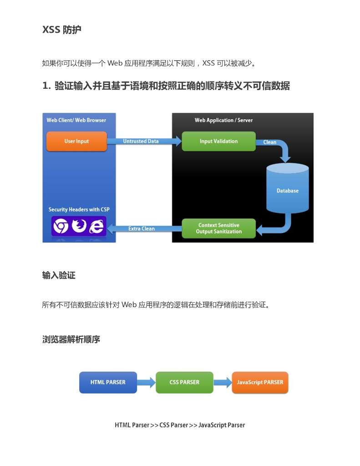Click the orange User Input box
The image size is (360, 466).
click(x=76, y=141)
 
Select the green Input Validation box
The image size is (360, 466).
click(x=218, y=141)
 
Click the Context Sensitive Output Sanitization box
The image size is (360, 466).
click(x=218, y=228)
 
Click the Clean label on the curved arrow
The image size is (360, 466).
click(x=270, y=142)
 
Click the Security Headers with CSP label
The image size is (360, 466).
click(x=79, y=210)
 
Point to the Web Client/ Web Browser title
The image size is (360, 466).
click(x=76, y=120)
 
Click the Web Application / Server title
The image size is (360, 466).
click(x=223, y=120)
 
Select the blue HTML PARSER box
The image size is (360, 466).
click(x=108, y=382)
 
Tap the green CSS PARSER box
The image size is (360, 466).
click(x=184, y=382)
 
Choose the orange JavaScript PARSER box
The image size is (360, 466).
click(x=260, y=382)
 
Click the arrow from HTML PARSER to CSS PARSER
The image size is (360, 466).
click(x=146, y=382)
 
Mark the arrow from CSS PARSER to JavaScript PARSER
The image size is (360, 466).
click(x=223, y=382)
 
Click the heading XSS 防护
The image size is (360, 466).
click(x=62, y=30)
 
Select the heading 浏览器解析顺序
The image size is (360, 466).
click(x=71, y=339)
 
